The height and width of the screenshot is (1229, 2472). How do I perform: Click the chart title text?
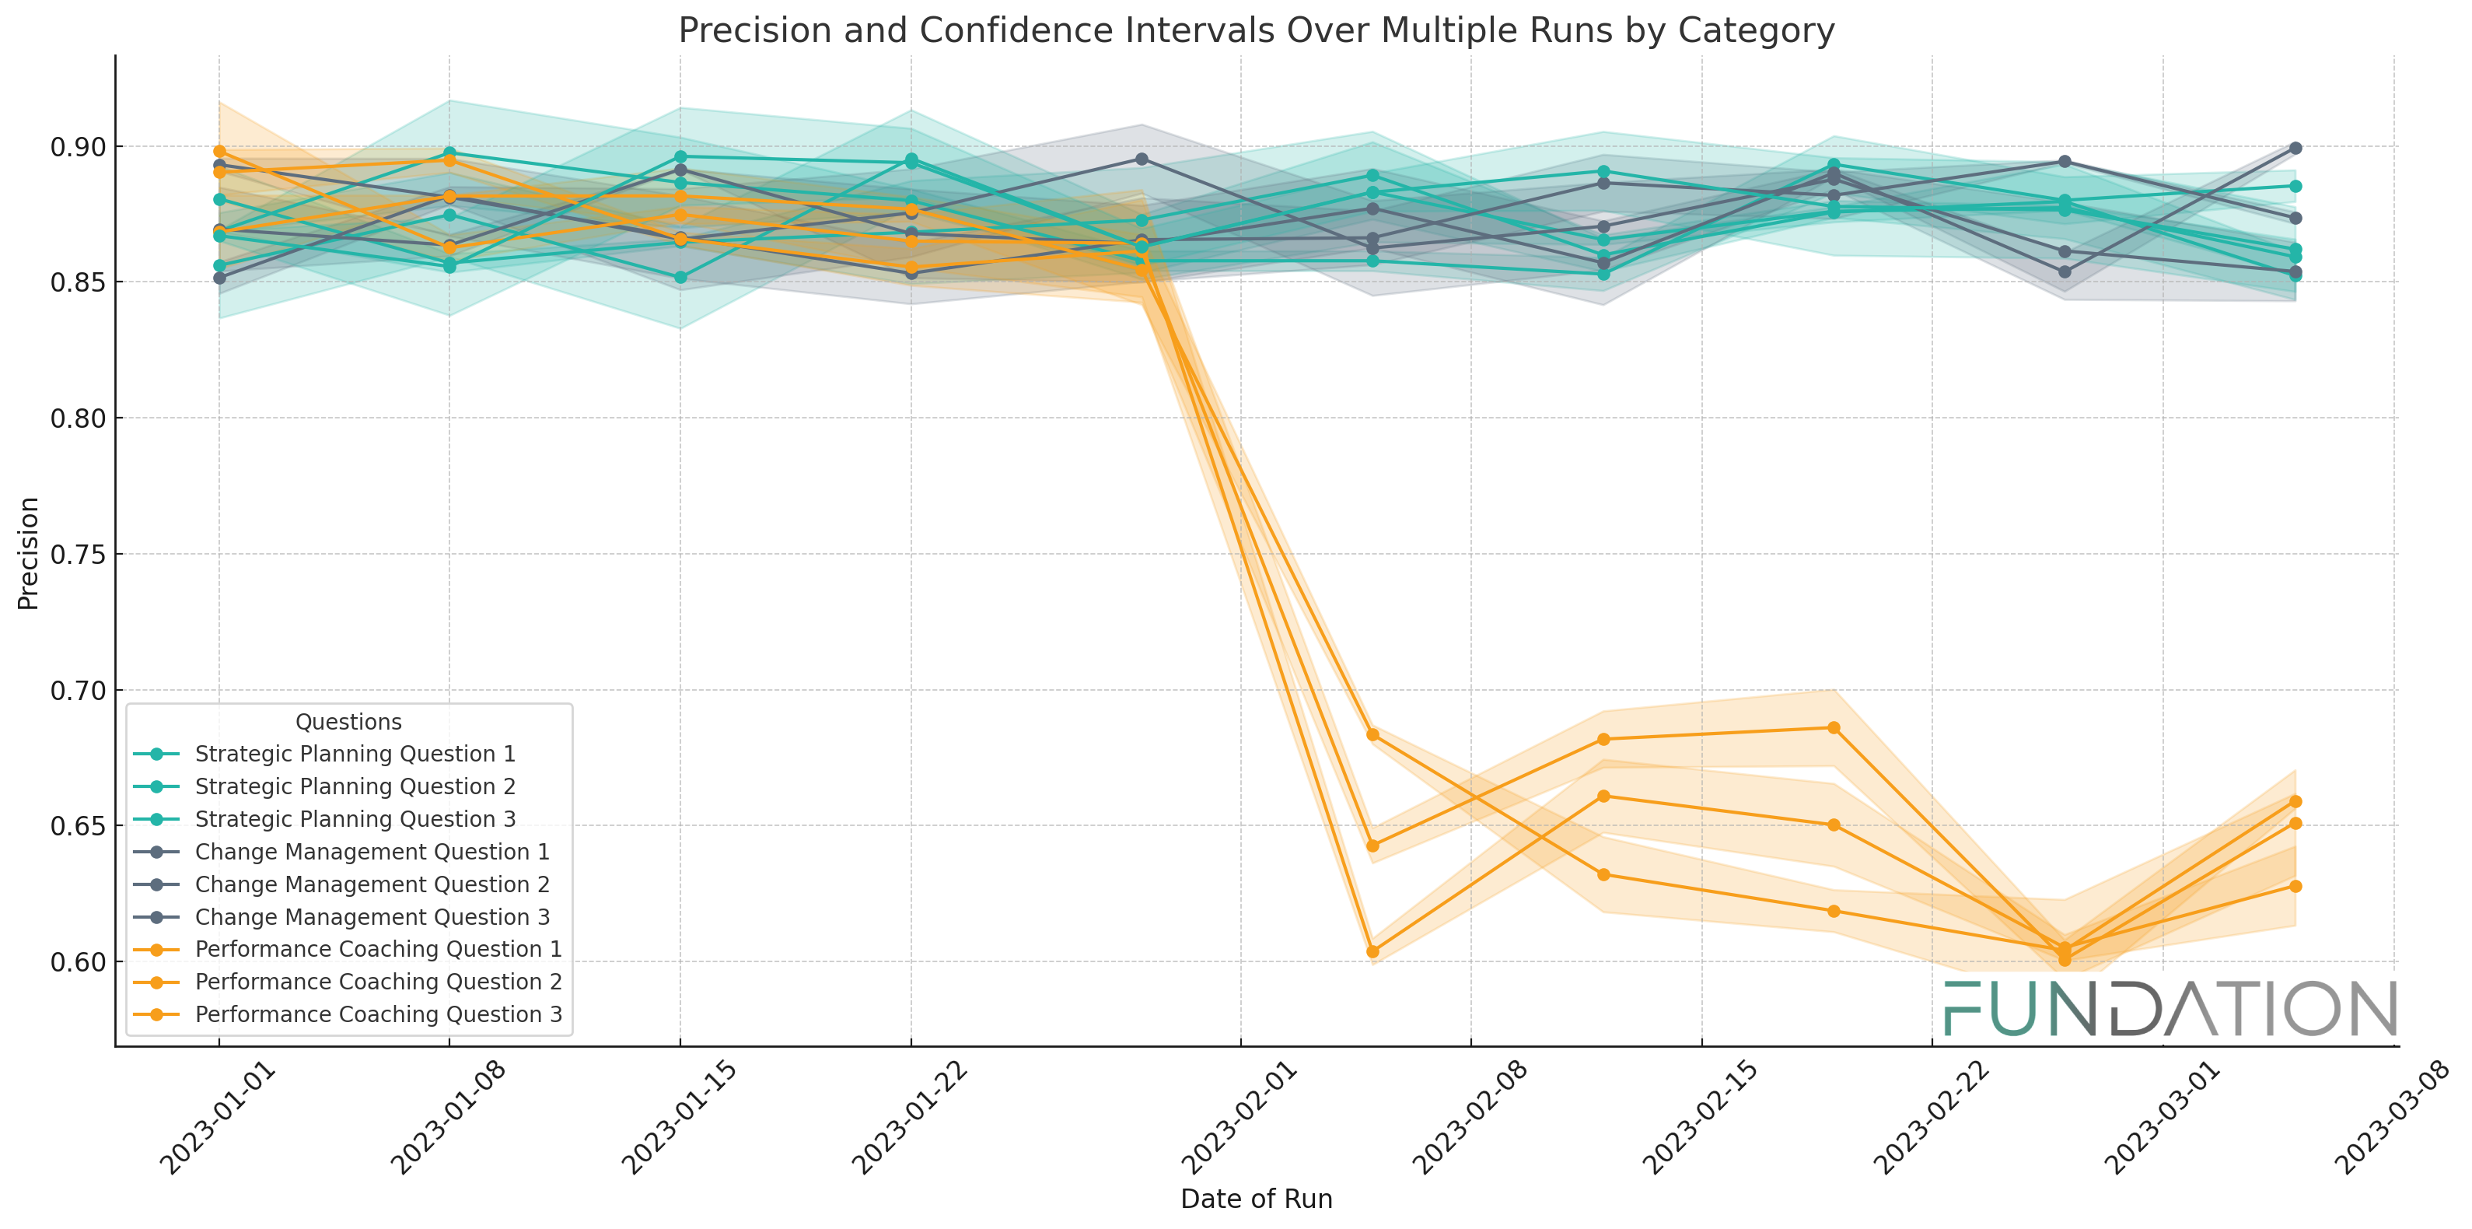[x=1255, y=31]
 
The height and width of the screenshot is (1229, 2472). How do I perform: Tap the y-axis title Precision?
[x=29, y=553]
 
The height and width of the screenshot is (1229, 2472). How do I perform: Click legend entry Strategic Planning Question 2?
[x=355, y=786]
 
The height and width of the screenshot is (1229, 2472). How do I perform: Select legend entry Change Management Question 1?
[x=372, y=852]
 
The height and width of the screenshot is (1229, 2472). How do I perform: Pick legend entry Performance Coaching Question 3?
[x=378, y=1014]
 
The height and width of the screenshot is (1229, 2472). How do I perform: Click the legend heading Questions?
[x=348, y=722]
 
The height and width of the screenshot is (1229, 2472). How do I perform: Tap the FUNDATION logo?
[x=2170, y=1009]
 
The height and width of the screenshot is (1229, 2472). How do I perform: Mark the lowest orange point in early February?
[x=1372, y=951]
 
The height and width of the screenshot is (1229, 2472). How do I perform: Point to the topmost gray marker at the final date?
[x=2295, y=148]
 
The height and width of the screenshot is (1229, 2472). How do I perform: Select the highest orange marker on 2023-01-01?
[x=220, y=152]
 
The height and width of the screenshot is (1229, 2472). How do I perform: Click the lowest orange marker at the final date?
[x=2295, y=886]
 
